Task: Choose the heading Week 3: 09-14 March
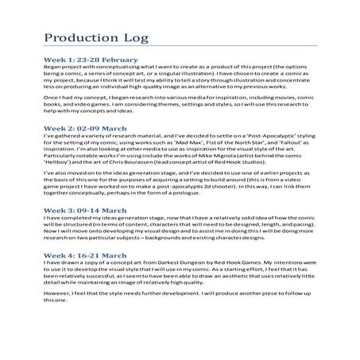coord(79,209)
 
